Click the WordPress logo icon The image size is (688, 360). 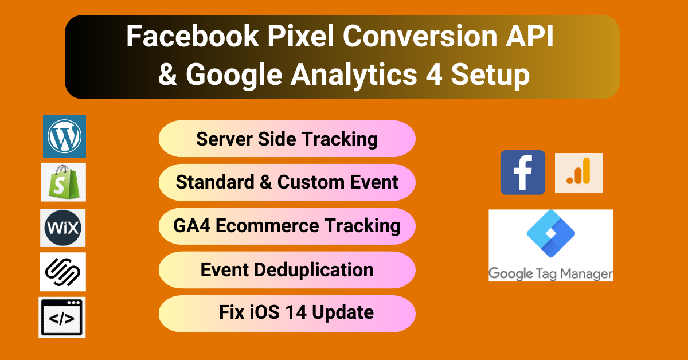64,136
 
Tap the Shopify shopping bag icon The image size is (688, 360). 64,182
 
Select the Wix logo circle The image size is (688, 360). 63,227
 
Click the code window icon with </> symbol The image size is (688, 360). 62,317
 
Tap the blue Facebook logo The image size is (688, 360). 523,173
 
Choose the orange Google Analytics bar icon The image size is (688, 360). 578,173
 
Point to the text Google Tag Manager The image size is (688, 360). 550,274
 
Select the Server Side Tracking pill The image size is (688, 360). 287,139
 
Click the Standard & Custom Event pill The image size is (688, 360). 287,182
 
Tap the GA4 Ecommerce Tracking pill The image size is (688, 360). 287,226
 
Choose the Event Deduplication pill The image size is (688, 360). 287,269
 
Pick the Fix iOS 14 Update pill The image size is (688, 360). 287,313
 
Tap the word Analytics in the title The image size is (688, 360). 356,76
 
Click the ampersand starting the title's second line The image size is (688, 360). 167,76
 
